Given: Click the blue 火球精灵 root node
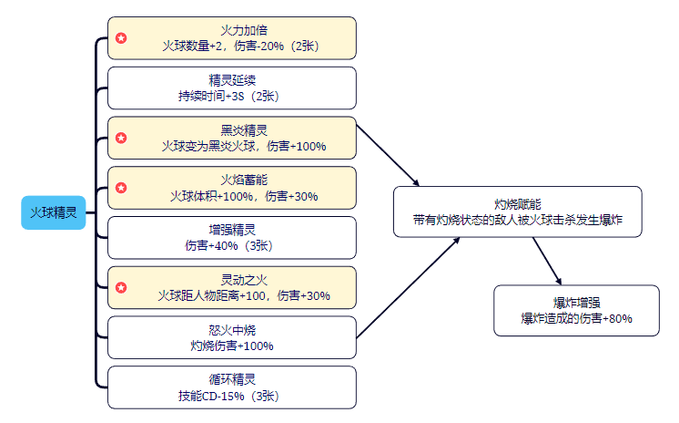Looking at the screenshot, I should tap(53, 211).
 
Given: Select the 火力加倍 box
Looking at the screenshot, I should tap(231, 37).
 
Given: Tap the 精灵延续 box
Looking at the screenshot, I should tap(231, 88).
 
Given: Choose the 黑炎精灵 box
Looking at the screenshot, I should tap(231, 138).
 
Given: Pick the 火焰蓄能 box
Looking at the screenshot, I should tap(231, 188).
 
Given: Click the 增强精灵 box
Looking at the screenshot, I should tap(231, 237).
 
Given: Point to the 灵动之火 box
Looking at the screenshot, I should tap(231, 287).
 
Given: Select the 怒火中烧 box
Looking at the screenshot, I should tap(231, 337).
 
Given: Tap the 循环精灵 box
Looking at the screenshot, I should tap(231, 387).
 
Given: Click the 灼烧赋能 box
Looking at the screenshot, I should tap(517, 212).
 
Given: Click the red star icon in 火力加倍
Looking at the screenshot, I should tap(121, 38).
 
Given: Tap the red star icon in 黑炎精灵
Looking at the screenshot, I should tap(121, 139).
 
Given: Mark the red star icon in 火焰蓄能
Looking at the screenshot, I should tap(121, 188).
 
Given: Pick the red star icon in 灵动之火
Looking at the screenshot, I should tap(121, 288).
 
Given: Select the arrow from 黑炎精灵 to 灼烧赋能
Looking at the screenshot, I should tap(389, 155).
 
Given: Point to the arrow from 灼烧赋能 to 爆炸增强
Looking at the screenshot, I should tap(547, 261).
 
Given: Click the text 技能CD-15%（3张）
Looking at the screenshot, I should tap(231, 396).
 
